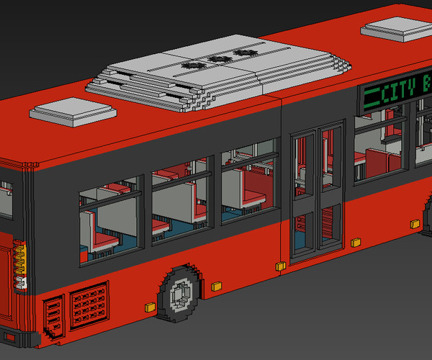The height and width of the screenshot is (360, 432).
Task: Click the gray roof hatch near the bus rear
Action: tap(73, 112)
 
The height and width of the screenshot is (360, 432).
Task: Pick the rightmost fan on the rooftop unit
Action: tap(241, 53)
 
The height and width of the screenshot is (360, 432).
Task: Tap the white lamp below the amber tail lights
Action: tap(22, 283)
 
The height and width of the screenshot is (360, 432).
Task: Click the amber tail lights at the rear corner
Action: tap(19, 260)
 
